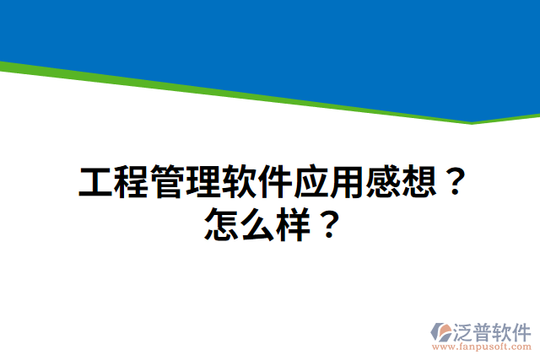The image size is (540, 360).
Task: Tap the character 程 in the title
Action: [x=132, y=182]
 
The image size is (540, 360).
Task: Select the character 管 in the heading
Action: [x=169, y=182]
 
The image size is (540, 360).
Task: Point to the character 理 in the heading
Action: [x=204, y=182]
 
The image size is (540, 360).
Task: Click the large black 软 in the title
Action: [x=240, y=182]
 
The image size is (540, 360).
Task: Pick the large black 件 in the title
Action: [x=276, y=182]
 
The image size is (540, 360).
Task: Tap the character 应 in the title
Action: [x=312, y=182]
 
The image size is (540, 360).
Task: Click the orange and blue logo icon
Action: [x=442, y=333]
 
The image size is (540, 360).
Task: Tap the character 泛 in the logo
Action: [x=467, y=330]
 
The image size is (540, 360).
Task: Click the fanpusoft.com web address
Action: [x=482, y=347]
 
